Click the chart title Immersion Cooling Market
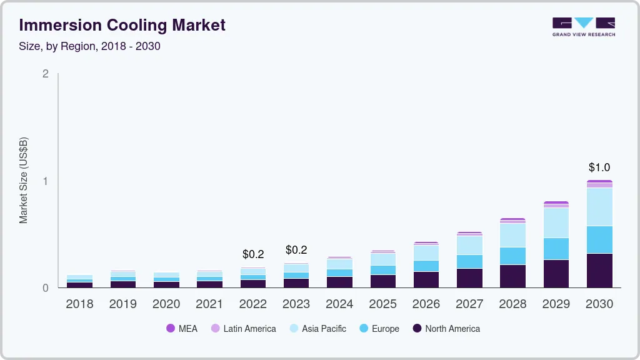click(122, 25)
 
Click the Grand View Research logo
click(583, 27)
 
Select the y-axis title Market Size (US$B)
click(24, 180)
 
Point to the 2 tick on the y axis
click(45, 74)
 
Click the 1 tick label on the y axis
click(45, 181)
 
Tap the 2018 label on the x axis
click(79, 304)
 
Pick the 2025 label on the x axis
click(382, 304)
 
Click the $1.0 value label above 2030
click(599, 167)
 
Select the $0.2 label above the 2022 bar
click(253, 254)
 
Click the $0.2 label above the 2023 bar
click(296, 250)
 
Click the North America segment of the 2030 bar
click(599, 271)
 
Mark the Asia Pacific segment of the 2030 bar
click(599, 207)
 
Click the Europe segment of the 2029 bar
click(556, 249)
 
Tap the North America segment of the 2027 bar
click(469, 278)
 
